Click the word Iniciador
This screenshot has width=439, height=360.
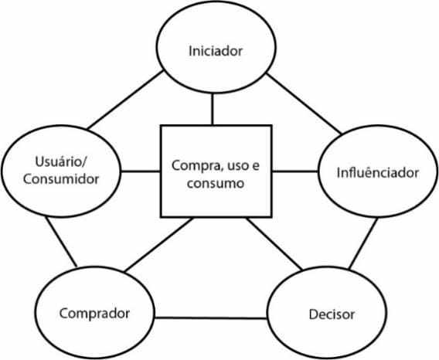point(216,51)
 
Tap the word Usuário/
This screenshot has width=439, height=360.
point(61,161)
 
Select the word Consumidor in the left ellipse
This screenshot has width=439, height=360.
point(61,179)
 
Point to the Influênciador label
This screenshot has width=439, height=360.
point(378,172)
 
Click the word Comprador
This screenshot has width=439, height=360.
point(94,314)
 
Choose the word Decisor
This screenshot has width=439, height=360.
point(332,314)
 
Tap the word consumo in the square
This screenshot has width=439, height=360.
point(216,184)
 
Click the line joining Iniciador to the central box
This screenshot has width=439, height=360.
point(213,109)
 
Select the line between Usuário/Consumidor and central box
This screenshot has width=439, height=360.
point(141,171)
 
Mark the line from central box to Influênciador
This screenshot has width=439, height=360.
point(295,171)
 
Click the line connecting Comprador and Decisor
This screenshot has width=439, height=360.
point(210,318)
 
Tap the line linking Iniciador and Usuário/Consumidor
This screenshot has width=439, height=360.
point(125,100)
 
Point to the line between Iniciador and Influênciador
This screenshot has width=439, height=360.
point(304,104)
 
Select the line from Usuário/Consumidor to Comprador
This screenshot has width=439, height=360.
point(61,242)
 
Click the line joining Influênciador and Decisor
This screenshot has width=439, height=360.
point(363,243)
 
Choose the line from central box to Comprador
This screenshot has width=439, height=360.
point(158,245)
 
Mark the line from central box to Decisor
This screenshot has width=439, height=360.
point(274,244)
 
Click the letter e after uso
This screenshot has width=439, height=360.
point(256,166)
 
